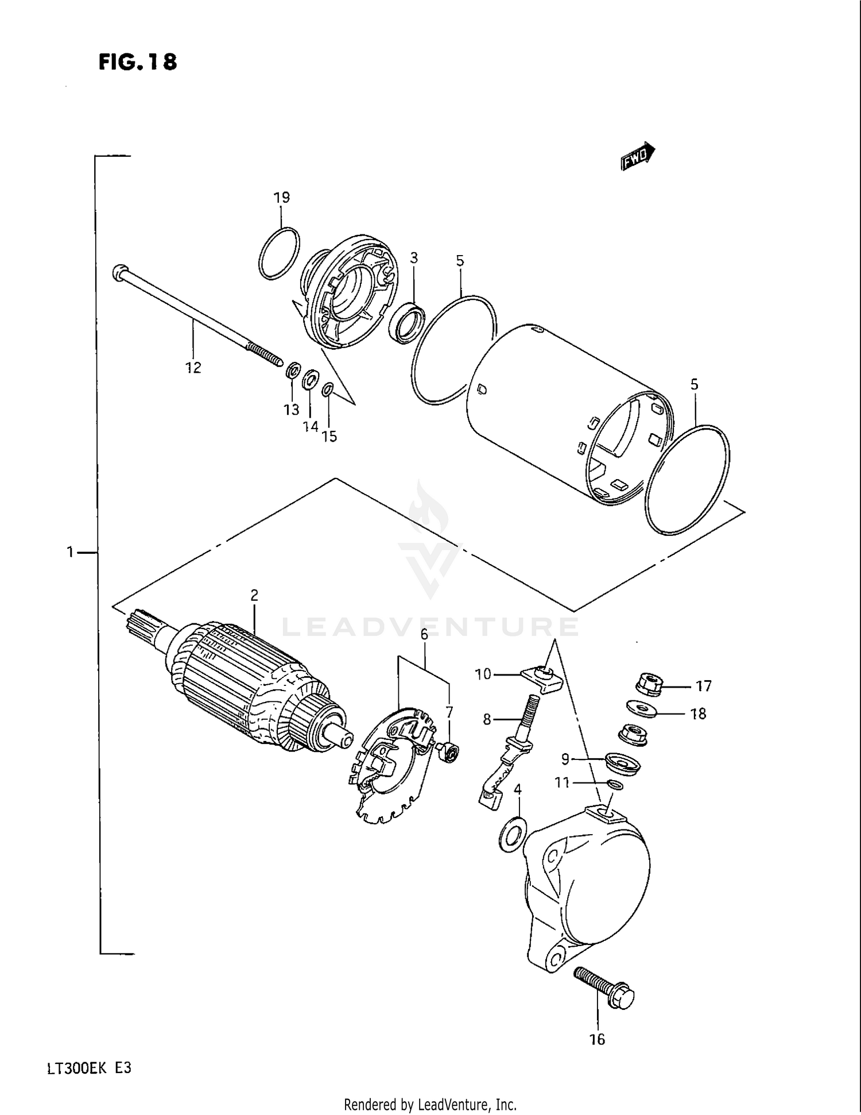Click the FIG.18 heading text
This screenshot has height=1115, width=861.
[x=138, y=61]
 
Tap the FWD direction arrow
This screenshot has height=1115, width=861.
[x=638, y=156]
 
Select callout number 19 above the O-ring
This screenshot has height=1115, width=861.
[x=281, y=198]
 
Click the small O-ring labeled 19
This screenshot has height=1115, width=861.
[x=279, y=253]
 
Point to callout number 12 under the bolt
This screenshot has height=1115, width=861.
[x=193, y=368]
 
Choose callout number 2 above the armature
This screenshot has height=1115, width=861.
[x=254, y=595]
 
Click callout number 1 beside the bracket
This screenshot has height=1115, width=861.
[x=70, y=552]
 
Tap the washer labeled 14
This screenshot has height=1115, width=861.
[x=311, y=380]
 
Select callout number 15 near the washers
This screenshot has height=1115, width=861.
[x=329, y=437]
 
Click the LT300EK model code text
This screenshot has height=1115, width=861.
[x=89, y=1068]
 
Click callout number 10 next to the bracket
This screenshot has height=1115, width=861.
[x=483, y=674]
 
